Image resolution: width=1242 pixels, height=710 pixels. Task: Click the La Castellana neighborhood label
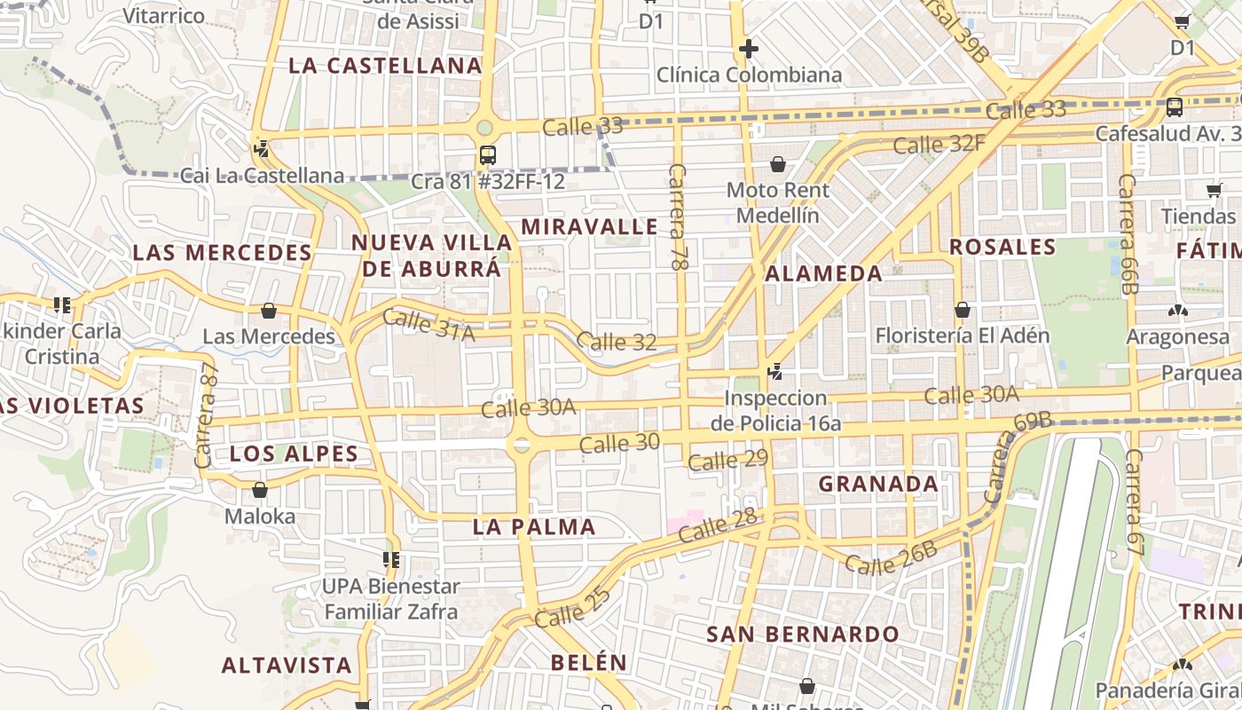click(385, 66)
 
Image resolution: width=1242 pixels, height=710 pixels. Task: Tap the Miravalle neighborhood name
click(589, 226)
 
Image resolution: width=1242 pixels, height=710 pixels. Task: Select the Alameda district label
click(823, 273)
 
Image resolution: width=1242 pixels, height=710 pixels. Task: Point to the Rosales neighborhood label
click(1002, 247)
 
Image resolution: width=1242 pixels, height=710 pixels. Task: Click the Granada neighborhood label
click(878, 484)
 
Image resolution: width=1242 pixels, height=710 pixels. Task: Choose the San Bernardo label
click(803, 635)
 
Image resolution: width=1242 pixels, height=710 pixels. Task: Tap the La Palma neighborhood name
click(534, 527)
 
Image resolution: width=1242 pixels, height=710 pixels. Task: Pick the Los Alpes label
click(294, 454)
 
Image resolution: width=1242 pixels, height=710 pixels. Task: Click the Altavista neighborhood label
click(287, 665)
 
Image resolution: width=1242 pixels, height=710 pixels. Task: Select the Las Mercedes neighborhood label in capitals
click(222, 253)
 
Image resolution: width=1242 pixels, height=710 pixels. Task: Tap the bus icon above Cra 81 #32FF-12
click(487, 155)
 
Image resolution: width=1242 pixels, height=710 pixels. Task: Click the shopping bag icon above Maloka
click(260, 490)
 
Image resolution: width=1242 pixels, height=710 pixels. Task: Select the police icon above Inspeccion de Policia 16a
click(775, 371)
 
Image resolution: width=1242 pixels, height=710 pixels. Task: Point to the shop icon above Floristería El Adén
click(963, 310)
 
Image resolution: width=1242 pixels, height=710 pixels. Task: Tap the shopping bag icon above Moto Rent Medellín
click(778, 164)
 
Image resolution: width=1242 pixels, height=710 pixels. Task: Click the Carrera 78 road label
click(679, 217)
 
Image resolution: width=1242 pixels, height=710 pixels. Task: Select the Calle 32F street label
click(939, 143)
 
